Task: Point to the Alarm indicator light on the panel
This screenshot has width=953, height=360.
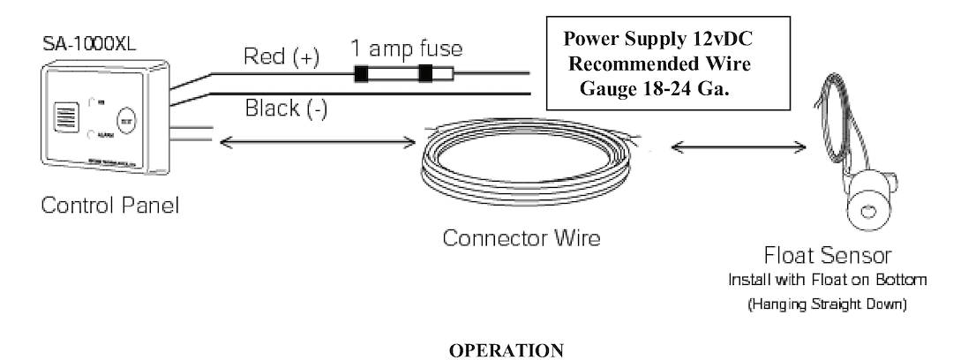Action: [x=94, y=134]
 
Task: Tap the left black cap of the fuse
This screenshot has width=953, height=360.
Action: [x=361, y=74]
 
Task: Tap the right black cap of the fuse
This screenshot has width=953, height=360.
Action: [x=426, y=74]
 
